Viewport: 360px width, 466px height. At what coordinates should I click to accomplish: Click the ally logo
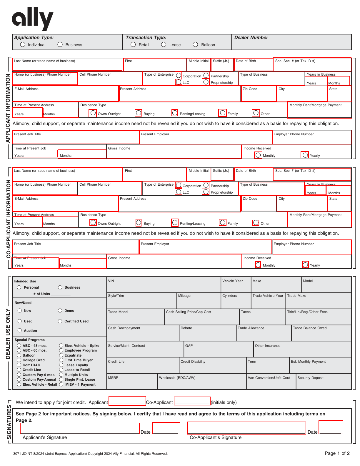32,19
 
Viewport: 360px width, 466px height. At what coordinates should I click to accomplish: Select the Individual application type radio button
23,44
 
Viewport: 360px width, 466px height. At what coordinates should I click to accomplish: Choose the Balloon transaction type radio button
195,44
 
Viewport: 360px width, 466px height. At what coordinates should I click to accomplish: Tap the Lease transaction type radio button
164,44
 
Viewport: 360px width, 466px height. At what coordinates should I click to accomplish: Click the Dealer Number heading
251,38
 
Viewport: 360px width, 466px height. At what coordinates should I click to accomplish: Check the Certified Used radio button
60,321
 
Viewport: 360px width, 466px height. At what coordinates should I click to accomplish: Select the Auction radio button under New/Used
20,330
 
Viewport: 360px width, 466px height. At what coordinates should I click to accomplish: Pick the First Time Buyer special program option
61,360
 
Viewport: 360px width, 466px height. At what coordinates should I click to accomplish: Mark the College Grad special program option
19,360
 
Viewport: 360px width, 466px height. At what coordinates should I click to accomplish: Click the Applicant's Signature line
80,429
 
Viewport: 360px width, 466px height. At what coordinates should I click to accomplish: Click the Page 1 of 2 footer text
337,453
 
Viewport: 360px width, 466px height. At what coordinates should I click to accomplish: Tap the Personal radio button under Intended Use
19,287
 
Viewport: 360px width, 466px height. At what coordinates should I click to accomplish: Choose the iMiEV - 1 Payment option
61,384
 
